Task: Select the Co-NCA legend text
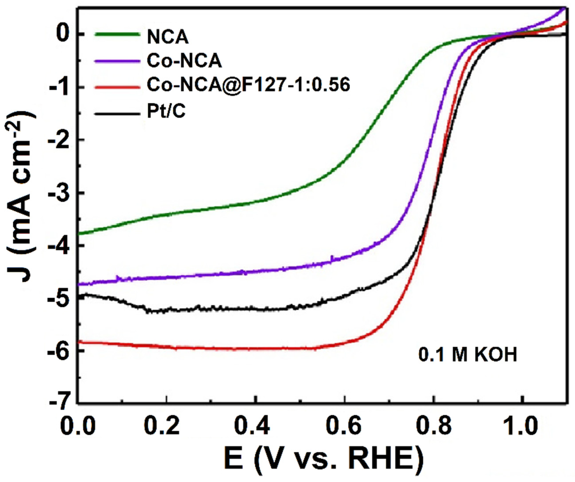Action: (x=184, y=61)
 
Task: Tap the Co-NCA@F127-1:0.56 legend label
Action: (x=248, y=85)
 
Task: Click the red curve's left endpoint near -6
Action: (x=79, y=342)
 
